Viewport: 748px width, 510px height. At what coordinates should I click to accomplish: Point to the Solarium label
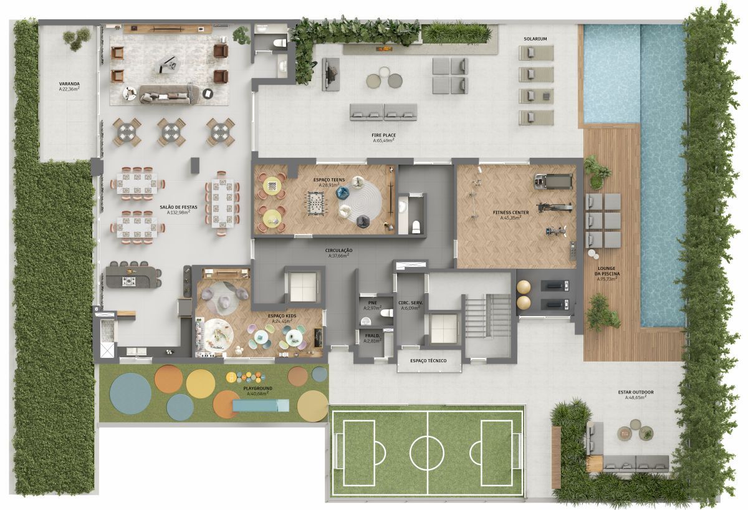[x=535, y=39]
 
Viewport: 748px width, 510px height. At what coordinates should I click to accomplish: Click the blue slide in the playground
[x=261, y=405]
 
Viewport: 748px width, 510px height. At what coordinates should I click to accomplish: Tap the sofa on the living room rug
[x=166, y=95]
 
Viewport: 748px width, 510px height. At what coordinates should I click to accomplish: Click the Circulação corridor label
[x=337, y=251]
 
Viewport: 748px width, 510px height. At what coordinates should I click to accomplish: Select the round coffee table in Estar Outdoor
[x=625, y=432]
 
